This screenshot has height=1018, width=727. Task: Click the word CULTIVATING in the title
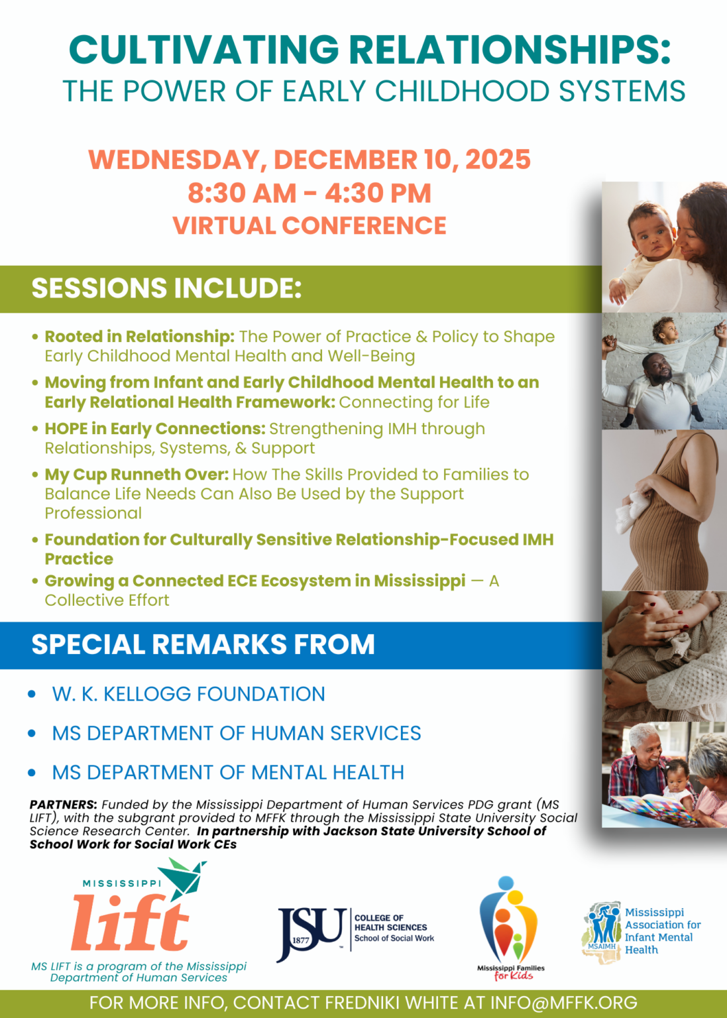[204, 49]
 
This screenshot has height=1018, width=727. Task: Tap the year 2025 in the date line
[498, 160]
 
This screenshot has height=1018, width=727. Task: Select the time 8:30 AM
[242, 193]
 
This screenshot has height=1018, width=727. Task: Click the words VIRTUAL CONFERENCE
[309, 226]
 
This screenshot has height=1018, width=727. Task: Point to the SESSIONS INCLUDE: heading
[166, 288]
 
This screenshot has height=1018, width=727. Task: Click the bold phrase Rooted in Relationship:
[139, 337]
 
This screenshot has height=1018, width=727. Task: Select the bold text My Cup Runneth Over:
[137, 475]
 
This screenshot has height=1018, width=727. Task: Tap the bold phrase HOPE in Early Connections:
[155, 429]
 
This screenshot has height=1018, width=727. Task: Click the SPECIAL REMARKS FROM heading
[203, 644]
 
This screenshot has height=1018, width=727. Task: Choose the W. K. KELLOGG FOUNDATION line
[189, 695]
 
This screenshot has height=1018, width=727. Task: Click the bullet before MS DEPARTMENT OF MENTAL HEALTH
[32, 773]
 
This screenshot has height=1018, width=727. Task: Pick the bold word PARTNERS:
[63, 805]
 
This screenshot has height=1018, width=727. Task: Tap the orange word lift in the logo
[130, 923]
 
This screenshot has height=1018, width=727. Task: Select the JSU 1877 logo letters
[311, 933]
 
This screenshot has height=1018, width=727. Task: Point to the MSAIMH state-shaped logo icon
[602, 932]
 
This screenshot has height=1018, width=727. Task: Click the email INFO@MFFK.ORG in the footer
[563, 1003]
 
